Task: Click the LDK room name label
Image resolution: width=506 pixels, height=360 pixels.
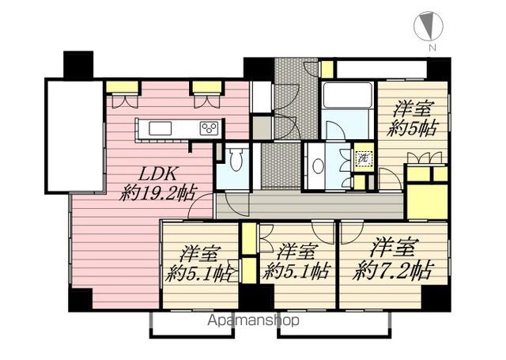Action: [x=158, y=174]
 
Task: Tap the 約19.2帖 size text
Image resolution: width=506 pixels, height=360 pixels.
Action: [x=157, y=194]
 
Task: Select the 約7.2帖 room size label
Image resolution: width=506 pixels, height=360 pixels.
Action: [x=392, y=271]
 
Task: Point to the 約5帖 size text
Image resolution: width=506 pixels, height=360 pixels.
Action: [x=413, y=128]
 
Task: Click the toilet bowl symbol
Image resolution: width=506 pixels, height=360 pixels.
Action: [x=236, y=158]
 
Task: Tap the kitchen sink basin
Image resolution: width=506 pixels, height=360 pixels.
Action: [x=160, y=128]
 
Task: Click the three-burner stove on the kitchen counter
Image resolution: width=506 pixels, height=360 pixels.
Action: [x=209, y=128]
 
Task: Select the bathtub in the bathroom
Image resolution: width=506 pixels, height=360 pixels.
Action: [x=348, y=95]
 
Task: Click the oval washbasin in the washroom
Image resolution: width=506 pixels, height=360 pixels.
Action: [x=318, y=166]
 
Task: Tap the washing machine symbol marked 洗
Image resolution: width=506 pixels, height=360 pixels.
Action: [x=364, y=158]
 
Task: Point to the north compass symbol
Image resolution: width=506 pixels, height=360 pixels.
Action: [x=429, y=25]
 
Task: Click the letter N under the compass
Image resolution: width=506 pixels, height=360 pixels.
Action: [x=432, y=48]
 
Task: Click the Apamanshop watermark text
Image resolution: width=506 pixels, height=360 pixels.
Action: [x=254, y=320]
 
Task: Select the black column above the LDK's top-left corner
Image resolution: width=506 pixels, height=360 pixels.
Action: [x=78, y=65]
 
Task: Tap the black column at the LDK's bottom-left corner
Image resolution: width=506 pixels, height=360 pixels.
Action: [x=81, y=300]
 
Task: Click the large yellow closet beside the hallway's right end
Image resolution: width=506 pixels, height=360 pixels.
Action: [x=427, y=202]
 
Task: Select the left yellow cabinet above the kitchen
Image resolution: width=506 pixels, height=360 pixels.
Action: [x=123, y=87]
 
